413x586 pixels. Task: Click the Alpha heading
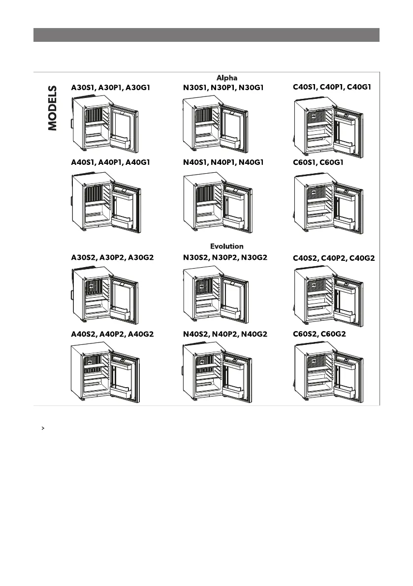click(x=227, y=78)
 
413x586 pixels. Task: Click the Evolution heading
click(x=227, y=246)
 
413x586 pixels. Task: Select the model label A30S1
click(x=83, y=88)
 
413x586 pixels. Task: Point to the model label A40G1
click(x=139, y=162)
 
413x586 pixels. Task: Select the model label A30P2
click(x=112, y=257)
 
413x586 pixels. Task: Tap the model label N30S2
click(x=195, y=257)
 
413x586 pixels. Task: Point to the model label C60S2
click(x=306, y=334)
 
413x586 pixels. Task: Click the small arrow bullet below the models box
click(x=44, y=429)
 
